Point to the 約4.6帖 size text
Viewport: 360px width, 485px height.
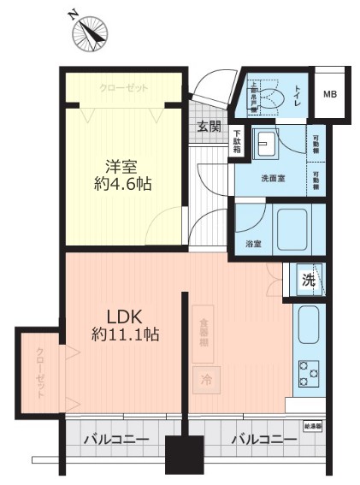(x=122, y=184)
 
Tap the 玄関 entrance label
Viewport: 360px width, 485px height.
(x=209, y=127)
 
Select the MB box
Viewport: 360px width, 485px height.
(x=329, y=94)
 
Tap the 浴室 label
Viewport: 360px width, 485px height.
(x=254, y=243)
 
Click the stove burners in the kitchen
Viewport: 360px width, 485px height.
(x=307, y=372)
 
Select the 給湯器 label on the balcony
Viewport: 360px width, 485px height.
(x=312, y=424)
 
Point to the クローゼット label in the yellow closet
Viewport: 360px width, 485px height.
(x=123, y=88)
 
